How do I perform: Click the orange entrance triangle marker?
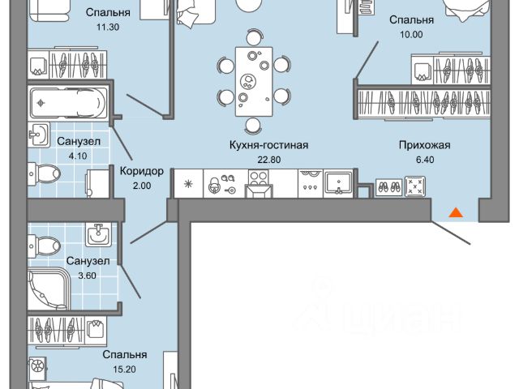456,213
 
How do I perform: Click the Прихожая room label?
424,146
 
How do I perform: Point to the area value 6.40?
424,160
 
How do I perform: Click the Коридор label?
141,171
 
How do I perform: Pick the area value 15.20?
124,369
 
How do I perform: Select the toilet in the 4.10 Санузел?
50,173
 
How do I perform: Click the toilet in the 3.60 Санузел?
48,243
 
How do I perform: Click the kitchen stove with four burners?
262,185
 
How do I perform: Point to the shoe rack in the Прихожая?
388,186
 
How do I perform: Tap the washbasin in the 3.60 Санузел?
100,235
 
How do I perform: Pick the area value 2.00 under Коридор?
141,186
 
